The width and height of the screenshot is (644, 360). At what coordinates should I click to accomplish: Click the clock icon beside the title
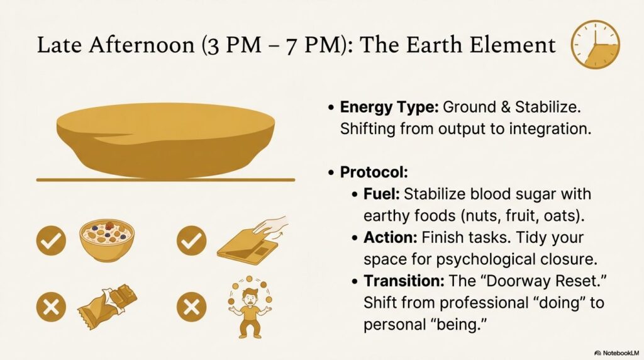(x=595, y=45)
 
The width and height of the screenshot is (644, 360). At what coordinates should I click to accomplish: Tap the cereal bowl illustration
(x=107, y=240)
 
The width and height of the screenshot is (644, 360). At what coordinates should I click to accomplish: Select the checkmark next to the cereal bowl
(x=51, y=240)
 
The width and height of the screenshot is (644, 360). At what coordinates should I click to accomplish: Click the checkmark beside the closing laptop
(x=191, y=240)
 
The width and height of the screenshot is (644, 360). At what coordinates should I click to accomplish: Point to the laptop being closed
(x=247, y=247)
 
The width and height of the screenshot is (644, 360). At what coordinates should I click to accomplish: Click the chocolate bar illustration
(x=107, y=307)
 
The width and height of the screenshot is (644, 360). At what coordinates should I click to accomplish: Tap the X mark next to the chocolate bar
(x=51, y=307)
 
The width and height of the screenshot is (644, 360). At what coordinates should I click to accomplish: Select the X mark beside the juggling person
(x=191, y=307)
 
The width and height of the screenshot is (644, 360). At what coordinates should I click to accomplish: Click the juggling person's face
(x=249, y=296)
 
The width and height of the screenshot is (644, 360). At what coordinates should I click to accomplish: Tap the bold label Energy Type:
(x=389, y=107)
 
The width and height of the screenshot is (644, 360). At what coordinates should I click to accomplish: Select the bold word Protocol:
(x=374, y=172)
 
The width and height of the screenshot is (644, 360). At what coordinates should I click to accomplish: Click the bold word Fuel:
(x=382, y=194)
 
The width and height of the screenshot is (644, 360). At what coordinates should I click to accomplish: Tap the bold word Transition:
(x=404, y=281)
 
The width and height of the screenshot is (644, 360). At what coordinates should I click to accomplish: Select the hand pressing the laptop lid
(x=270, y=226)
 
